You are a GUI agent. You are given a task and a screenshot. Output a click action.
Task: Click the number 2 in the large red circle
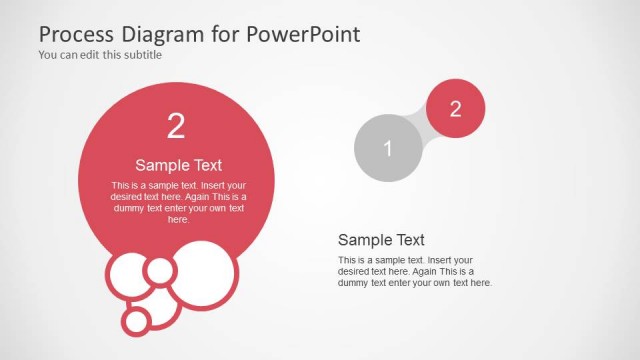point(176,126)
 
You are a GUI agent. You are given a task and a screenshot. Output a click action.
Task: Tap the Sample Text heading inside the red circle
point(178,166)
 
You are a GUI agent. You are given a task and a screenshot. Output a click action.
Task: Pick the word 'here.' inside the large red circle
point(178,219)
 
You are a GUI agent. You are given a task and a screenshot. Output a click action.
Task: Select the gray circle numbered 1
point(388,148)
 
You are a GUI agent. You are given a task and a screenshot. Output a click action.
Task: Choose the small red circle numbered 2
point(455,109)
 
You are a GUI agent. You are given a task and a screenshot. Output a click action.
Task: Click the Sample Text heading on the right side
point(381,240)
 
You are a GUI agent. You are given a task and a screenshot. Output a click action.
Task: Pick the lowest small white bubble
point(137,321)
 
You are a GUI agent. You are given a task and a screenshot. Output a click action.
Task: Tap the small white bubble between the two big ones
point(159,270)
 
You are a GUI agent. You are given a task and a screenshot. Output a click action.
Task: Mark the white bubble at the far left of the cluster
point(129,280)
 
